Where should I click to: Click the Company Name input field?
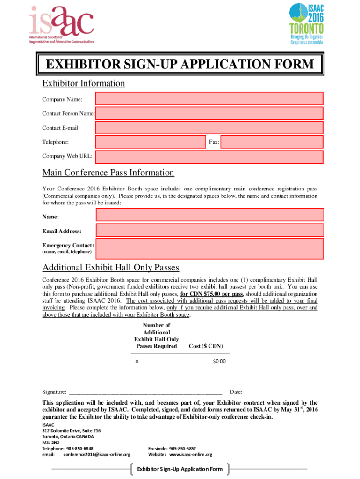tap(209, 99)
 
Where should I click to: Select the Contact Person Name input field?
tap(209, 113)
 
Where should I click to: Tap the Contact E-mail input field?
tap(209, 127)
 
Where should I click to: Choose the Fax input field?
tap(272, 142)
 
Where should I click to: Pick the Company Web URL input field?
tap(209, 156)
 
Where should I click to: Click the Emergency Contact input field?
tap(209, 248)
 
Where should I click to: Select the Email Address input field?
tap(209, 231)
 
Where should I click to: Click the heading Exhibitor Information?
tap(84, 83)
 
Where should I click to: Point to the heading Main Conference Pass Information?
tap(108, 173)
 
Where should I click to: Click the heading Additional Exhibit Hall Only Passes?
tap(111, 268)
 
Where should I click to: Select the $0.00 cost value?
tap(219, 361)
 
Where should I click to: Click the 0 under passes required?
tap(137, 362)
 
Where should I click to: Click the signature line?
tap(145, 392)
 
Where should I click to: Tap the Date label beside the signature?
tap(236, 392)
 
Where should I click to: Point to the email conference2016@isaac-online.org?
tap(97, 454)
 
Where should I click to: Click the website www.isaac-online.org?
tap(190, 454)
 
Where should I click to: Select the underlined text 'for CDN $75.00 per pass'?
tap(211, 294)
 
